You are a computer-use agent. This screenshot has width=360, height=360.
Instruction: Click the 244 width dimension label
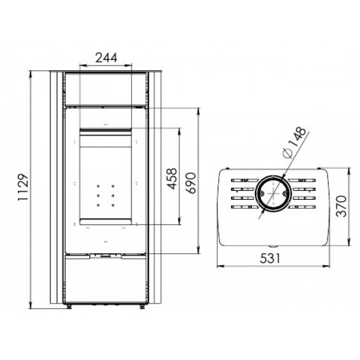click(106, 58)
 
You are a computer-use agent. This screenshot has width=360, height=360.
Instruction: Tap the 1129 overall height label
click(23, 187)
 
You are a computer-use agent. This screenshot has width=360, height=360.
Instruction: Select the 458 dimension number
click(172, 179)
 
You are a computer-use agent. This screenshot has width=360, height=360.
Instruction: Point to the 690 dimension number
click(191, 183)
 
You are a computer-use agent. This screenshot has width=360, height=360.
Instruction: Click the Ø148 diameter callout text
click(295, 143)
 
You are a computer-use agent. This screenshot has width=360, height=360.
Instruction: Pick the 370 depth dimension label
click(341, 206)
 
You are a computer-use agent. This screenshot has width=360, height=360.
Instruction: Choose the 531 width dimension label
click(270, 258)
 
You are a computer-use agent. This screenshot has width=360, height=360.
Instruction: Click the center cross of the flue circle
click(273, 194)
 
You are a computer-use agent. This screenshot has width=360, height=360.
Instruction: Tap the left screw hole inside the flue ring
click(262, 194)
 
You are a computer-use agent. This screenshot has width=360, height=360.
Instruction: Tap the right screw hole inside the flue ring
click(285, 194)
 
